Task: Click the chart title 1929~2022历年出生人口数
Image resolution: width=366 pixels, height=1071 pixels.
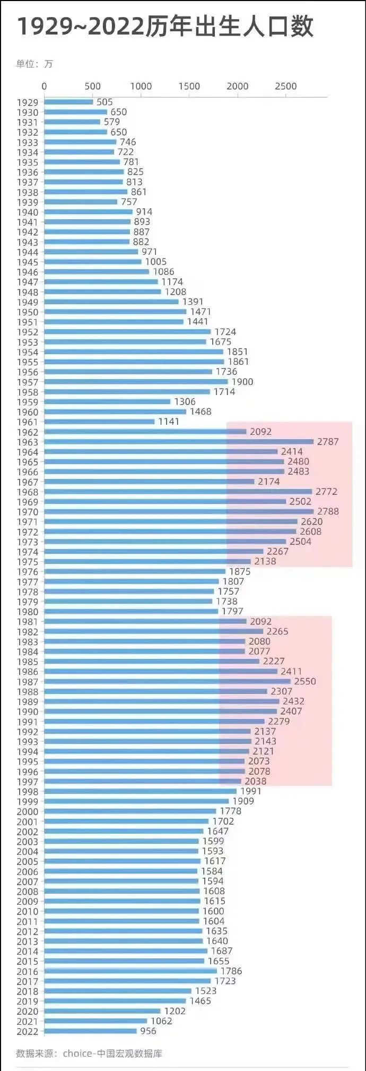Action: (165, 27)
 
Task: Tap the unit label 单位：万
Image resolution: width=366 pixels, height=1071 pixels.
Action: (34, 64)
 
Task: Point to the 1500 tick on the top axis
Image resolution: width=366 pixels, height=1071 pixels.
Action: (189, 86)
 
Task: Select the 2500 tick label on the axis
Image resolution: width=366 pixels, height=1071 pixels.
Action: (285, 86)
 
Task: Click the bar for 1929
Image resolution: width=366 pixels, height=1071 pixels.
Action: (68, 102)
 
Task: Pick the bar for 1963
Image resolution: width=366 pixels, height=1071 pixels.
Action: (179, 442)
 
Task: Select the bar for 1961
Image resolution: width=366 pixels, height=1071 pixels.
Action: (99, 422)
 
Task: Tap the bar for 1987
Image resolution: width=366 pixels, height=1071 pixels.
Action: (167, 681)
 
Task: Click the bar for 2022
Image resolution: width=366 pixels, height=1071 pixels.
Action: (90, 1031)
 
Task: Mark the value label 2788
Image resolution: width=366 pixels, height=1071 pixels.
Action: (328, 511)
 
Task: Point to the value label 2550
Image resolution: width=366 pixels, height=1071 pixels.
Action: (305, 681)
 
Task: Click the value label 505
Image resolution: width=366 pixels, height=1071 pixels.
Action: (104, 102)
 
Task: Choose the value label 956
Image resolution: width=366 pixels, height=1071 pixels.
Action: (148, 1031)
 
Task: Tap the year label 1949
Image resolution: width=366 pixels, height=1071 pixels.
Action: (28, 302)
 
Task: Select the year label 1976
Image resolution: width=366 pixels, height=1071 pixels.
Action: (28, 572)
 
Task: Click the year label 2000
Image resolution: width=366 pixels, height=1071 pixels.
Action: (28, 811)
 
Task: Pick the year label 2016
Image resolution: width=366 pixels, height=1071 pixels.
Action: (28, 972)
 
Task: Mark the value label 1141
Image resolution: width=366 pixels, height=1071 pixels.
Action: (169, 422)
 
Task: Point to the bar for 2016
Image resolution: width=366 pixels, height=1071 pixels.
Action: (130, 971)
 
